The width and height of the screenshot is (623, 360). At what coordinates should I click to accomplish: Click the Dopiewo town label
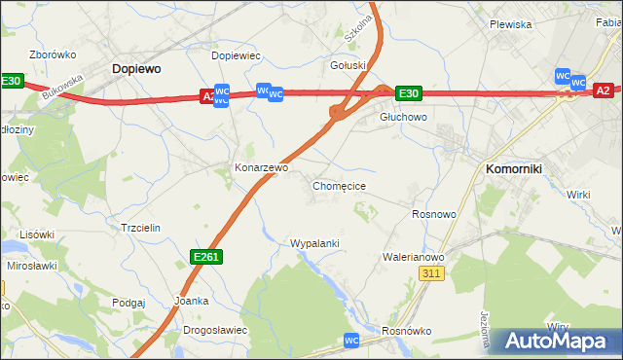click(x=136, y=69)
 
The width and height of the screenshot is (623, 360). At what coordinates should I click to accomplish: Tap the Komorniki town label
click(x=520, y=168)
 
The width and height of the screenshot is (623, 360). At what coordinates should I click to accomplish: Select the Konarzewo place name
click(x=261, y=167)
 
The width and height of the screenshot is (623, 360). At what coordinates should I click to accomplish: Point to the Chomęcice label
click(x=339, y=185)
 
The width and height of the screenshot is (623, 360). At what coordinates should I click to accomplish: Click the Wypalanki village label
click(x=314, y=242)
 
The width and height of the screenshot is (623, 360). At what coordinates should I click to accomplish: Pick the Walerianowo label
click(x=414, y=257)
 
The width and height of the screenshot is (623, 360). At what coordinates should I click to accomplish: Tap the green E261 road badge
click(x=206, y=256)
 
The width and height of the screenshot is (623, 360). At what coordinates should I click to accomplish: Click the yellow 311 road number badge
click(x=432, y=275)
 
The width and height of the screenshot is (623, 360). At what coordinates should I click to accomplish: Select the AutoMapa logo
click(x=556, y=342)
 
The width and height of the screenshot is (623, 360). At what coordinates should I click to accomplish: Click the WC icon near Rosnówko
click(x=352, y=341)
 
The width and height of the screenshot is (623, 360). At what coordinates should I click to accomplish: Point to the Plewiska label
click(x=510, y=24)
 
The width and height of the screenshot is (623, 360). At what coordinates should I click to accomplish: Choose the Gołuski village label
click(x=348, y=66)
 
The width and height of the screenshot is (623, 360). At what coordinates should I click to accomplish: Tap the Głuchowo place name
click(x=403, y=117)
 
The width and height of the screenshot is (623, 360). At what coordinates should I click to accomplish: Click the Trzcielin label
click(x=139, y=226)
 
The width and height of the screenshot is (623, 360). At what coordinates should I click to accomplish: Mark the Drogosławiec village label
click(x=214, y=330)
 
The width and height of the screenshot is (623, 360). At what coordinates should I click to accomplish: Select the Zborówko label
click(x=54, y=54)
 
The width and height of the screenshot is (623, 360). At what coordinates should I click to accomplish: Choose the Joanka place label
click(x=191, y=301)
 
